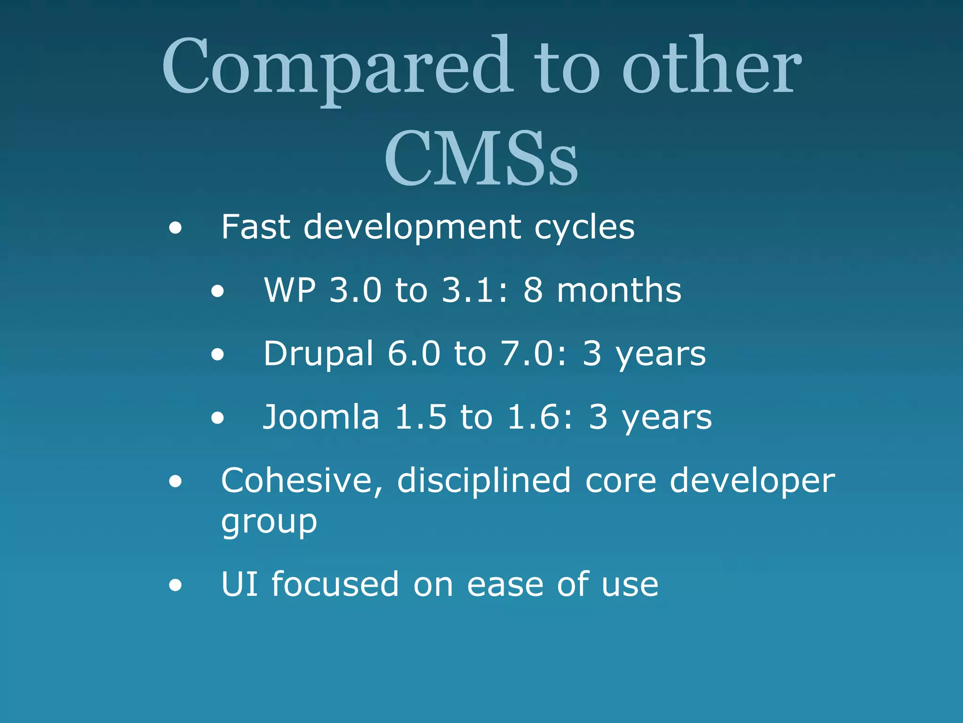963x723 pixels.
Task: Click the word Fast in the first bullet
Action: click(255, 227)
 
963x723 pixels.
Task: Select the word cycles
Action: click(584, 228)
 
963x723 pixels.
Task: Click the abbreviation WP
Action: click(290, 290)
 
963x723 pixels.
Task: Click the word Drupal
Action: click(318, 354)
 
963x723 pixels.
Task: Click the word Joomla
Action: click(321, 417)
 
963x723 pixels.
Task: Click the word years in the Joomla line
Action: click(667, 418)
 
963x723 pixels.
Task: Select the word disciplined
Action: click(484, 481)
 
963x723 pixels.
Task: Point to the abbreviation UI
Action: click(239, 584)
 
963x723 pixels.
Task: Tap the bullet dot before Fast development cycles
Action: click(175, 229)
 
